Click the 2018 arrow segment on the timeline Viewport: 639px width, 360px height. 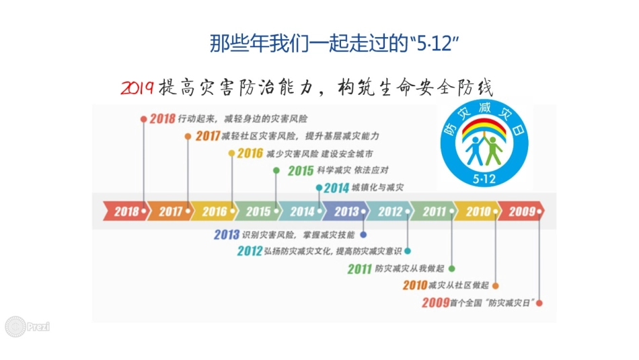tap(126, 211)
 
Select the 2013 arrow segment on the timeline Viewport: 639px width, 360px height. tap(346, 211)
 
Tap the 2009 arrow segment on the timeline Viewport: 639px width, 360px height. tap(522, 211)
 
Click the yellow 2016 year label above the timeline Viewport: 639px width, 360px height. tap(250, 153)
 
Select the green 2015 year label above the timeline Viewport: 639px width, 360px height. tap(301, 171)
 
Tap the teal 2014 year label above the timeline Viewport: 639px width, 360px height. tap(336, 188)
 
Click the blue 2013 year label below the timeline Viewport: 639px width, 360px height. tap(227, 235)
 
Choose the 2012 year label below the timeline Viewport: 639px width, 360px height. tap(250, 252)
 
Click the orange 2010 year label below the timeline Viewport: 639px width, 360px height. tap(415, 285)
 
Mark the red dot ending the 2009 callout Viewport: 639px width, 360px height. tap(539, 303)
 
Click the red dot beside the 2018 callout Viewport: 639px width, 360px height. tap(143, 118)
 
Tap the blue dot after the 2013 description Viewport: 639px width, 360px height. tap(363, 235)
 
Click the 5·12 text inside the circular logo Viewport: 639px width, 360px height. tap(484, 178)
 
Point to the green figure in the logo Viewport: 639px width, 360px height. tap(494, 149)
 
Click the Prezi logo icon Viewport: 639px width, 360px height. tap(15, 327)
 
